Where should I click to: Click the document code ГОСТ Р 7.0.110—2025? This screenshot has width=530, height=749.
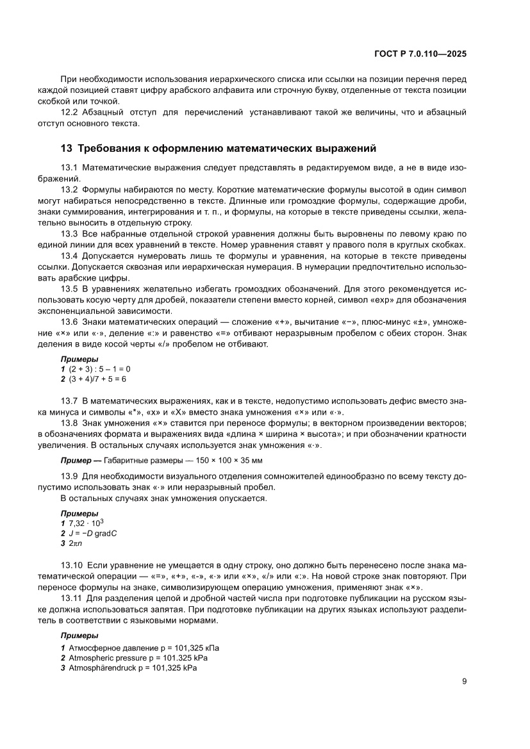(419, 55)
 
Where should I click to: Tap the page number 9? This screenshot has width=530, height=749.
(464, 681)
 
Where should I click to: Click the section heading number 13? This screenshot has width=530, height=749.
(66, 149)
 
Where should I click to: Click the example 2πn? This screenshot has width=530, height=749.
(75, 543)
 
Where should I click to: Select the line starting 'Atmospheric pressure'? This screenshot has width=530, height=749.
(138, 657)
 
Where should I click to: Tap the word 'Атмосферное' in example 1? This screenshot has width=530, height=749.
(90, 648)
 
